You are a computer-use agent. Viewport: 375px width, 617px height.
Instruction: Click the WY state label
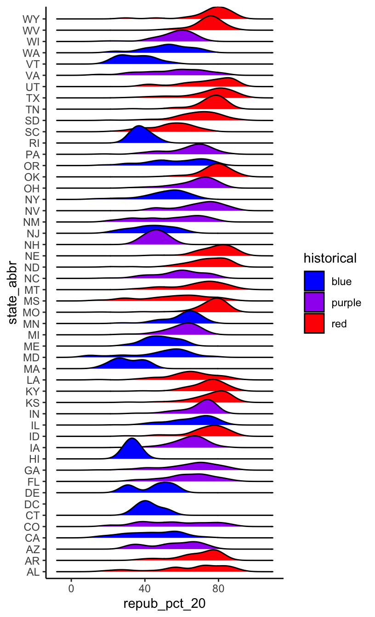(x=32, y=19)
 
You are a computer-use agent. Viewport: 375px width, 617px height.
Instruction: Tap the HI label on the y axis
(x=34, y=459)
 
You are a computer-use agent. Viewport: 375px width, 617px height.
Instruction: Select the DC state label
(x=33, y=504)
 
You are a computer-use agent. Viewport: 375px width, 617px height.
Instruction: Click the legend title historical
(x=330, y=258)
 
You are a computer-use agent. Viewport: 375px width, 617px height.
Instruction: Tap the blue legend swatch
(x=314, y=281)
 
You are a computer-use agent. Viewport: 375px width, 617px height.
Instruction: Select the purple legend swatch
(x=314, y=303)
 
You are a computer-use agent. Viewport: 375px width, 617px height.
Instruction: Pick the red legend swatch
(x=314, y=323)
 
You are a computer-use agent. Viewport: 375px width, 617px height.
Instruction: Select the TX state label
(x=33, y=98)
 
